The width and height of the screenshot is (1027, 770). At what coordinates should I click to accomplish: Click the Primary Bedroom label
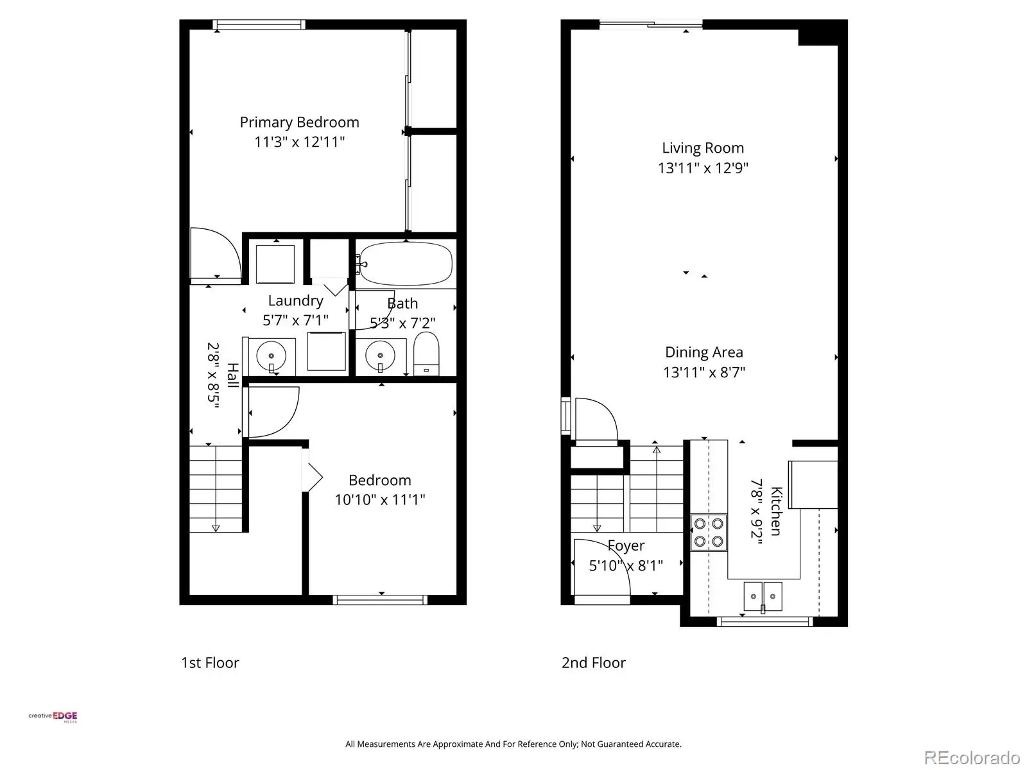tap(300, 123)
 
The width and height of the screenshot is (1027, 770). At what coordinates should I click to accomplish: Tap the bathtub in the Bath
tap(405, 263)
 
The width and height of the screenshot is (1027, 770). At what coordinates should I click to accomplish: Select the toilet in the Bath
tap(426, 354)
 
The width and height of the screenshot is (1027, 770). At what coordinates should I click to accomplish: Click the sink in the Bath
tap(380, 355)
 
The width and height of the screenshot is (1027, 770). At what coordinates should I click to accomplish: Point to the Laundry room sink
tap(272, 355)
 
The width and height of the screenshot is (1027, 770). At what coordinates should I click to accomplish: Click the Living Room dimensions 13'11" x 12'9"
tap(703, 168)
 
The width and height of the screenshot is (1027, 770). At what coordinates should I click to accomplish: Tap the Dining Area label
tap(703, 352)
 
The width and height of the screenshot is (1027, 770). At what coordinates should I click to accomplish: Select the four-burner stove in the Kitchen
tap(709, 533)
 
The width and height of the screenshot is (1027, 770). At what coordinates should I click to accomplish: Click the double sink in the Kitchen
tap(763, 596)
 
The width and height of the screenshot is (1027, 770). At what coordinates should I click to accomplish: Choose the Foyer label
tap(626, 545)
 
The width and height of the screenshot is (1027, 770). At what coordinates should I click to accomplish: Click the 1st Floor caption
tap(210, 662)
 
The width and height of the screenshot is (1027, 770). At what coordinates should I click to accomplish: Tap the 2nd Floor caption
tap(593, 662)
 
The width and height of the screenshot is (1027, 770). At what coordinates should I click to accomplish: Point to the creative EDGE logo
tap(53, 717)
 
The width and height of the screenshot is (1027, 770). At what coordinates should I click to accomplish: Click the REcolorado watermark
tap(972, 757)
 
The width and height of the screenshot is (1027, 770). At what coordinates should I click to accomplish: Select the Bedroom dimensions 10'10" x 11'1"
tap(379, 500)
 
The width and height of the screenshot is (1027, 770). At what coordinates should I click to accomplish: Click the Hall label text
tap(233, 375)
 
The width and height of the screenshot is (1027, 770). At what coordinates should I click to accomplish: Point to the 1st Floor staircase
tap(216, 489)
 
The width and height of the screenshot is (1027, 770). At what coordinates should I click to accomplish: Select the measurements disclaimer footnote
tap(513, 744)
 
